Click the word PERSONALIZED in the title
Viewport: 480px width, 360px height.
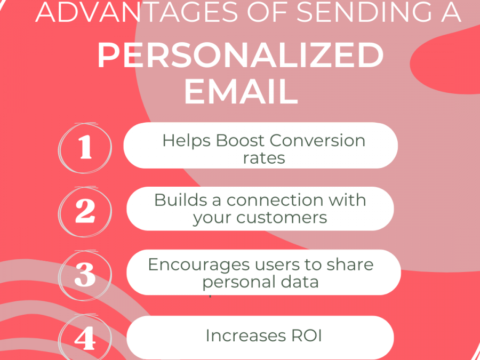pyautogui.click(x=241, y=55)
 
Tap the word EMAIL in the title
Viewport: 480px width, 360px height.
pyautogui.click(x=241, y=92)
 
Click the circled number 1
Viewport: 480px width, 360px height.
pyautogui.click(x=85, y=148)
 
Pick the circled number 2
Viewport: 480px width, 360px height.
pyautogui.click(x=85, y=211)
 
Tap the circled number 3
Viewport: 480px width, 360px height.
pyautogui.click(x=85, y=275)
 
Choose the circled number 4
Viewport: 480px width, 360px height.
pyautogui.click(x=85, y=338)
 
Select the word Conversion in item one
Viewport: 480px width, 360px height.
pyautogui.click(x=318, y=140)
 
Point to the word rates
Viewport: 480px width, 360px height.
pyautogui.click(x=264, y=158)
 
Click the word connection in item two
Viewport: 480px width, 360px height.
pyautogui.click(x=275, y=200)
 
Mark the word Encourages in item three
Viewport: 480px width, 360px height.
pyautogui.click(x=199, y=265)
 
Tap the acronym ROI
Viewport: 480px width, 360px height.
pyautogui.click(x=306, y=336)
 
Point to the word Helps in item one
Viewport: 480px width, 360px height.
pyautogui.click(x=187, y=141)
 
